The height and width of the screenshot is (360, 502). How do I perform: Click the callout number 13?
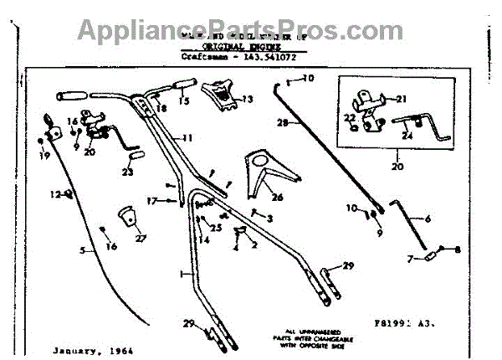pos(248,100)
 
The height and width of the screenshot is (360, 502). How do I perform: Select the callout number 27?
pos(141,238)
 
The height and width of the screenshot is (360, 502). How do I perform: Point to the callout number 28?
pos(283,122)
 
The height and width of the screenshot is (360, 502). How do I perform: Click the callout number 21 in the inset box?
pos(401,98)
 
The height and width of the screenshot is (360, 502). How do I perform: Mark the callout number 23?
pos(127,172)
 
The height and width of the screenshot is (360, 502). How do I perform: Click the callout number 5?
pos(82,250)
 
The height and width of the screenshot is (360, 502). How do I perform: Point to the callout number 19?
pos(44,156)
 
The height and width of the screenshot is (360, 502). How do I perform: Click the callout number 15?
pos(183,100)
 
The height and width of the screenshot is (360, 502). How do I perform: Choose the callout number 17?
pos(151,200)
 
